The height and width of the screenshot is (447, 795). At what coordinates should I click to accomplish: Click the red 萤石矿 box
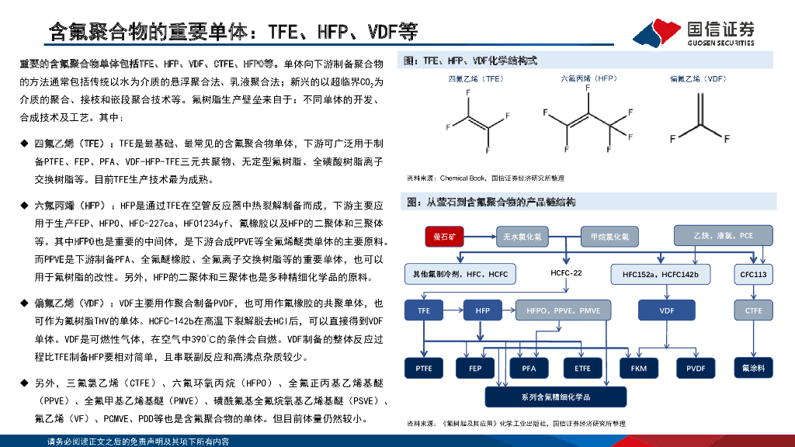click(449, 235)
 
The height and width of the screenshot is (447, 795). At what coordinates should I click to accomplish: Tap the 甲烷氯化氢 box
click(609, 235)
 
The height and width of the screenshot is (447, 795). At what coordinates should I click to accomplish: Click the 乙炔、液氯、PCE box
click(724, 235)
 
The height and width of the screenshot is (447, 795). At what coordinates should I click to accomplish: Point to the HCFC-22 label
click(566, 274)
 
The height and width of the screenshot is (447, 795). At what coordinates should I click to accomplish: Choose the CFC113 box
click(753, 274)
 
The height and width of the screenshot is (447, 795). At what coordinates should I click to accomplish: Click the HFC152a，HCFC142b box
click(666, 274)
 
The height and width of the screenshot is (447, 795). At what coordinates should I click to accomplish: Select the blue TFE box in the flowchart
click(424, 310)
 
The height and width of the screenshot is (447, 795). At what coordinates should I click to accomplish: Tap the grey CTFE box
click(753, 310)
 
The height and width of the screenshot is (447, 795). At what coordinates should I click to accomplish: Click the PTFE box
click(424, 368)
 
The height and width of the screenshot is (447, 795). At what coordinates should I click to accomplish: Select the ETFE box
click(582, 368)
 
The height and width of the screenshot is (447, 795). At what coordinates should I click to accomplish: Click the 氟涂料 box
click(753, 368)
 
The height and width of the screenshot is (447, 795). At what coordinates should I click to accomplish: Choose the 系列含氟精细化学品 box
click(555, 397)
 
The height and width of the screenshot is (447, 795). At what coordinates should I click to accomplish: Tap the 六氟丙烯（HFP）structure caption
click(588, 78)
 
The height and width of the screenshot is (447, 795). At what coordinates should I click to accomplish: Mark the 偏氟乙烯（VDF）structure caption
click(698, 78)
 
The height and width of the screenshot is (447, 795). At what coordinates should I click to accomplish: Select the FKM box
click(638, 368)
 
